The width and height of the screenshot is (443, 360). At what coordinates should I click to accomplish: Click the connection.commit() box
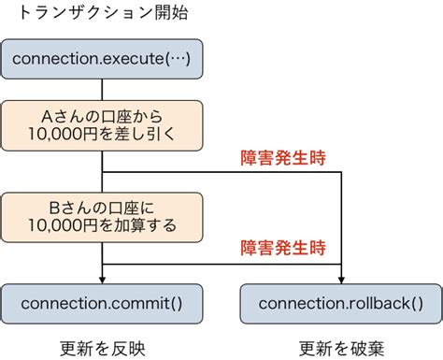(x=101, y=303)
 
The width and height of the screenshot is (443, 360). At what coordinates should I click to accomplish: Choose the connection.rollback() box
(x=340, y=303)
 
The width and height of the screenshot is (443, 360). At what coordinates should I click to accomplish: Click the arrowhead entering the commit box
(x=101, y=279)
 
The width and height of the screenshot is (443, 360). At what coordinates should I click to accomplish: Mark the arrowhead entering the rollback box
(x=342, y=279)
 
